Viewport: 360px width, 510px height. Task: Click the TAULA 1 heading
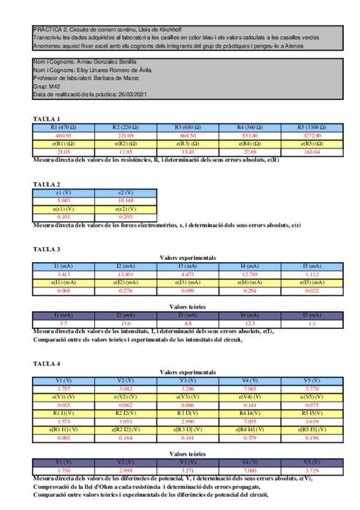[x=46, y=119]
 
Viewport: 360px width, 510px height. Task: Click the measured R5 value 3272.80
[x=313, y=135]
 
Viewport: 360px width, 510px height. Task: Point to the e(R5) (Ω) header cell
[x=313, y=144]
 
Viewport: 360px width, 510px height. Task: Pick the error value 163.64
[x=313, y=152]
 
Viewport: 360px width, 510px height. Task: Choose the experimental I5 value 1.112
[x=313, y=274]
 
